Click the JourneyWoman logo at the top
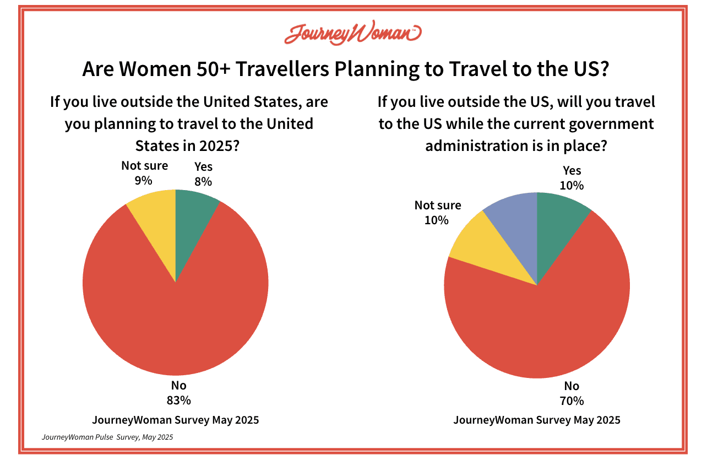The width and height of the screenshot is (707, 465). point(352,34)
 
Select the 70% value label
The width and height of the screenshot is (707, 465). point(572,401)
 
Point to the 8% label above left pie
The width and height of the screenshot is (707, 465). point(203,181)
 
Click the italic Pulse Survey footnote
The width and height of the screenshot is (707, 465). point(107,437)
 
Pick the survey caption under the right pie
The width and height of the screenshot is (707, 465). point(537,420)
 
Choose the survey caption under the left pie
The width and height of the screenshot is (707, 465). point(176,420)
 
